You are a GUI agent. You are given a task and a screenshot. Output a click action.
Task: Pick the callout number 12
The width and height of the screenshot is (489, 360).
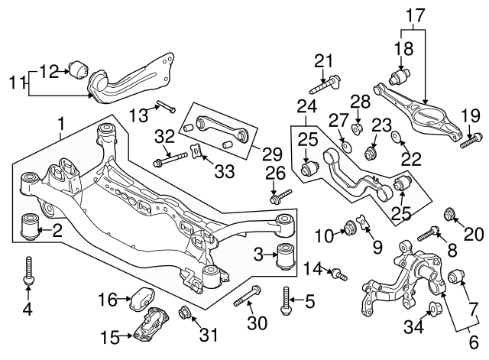coord(48,71)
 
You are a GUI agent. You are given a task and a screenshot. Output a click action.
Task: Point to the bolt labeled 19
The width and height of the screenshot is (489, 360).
coord(471,140)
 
